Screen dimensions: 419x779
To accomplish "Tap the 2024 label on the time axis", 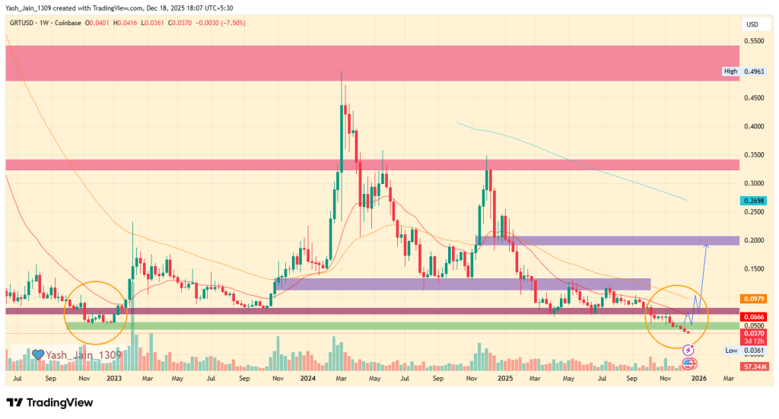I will (x=309, y=378).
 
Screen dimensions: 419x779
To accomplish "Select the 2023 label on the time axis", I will (x=114, y=378).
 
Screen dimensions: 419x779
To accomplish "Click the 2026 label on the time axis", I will (x=698, y=378).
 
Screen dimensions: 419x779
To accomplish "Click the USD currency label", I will (x=752, y=24).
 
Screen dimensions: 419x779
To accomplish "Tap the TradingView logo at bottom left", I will (x=49, y=402).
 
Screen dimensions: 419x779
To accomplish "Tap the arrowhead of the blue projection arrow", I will (x=707, y=245).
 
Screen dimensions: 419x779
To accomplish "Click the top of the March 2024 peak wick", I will (x=342, y=71).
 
